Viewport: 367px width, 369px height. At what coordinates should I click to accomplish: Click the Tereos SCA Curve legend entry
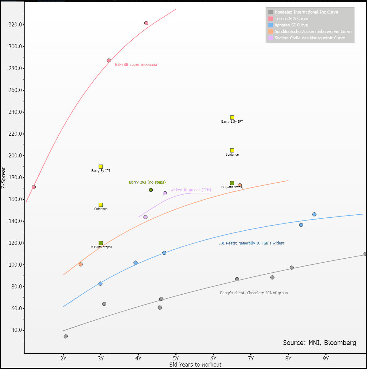pos(291,18)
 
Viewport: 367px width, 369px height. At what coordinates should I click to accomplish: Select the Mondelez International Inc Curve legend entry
pos(306,12)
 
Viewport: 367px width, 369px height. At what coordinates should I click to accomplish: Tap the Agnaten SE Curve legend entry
pos(291,25)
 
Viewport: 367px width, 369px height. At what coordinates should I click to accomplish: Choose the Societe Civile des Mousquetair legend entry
pos(310,38)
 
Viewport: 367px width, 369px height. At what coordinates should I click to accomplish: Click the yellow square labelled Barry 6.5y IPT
pos(232,117)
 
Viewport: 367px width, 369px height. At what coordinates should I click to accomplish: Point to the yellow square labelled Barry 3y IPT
pos(101,167)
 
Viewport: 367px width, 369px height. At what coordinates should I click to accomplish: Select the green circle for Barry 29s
pos(151,190)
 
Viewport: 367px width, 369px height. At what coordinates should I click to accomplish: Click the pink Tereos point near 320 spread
pos(146,23)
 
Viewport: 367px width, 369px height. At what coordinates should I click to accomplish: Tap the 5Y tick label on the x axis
pos(176,359)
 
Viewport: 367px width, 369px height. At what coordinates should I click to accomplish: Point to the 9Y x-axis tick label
pos(326,359)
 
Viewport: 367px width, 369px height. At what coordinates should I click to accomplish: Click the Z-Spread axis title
pos(3,178)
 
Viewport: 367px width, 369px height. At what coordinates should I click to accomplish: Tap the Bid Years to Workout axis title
pos(195,365)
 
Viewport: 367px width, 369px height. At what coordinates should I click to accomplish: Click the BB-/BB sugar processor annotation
pos(136,65)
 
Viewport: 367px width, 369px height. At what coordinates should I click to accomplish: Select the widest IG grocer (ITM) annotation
pos(191,190)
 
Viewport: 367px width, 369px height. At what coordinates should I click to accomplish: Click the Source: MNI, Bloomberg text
pos(319,343)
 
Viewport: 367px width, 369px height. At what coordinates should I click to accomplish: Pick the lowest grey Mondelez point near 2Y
pos(66,336)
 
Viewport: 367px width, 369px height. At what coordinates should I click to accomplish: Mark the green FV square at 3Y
pos(101,243)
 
